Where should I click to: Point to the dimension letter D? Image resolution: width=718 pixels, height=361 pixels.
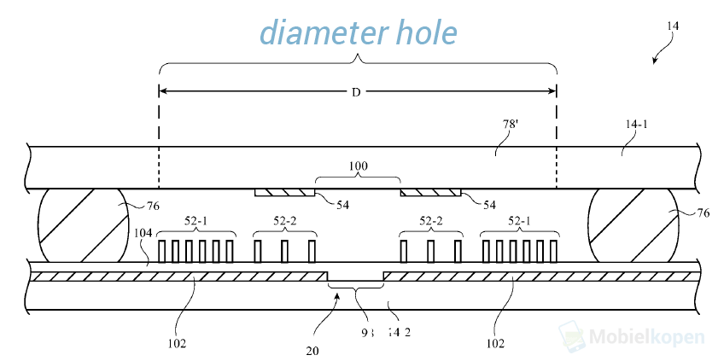(357, 91)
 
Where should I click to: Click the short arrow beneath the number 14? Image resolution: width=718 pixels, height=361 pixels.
(658, 56)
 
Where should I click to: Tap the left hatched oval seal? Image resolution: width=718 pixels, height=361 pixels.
(80, 225)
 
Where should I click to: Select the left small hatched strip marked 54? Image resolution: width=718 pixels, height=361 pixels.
(285, 192)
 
